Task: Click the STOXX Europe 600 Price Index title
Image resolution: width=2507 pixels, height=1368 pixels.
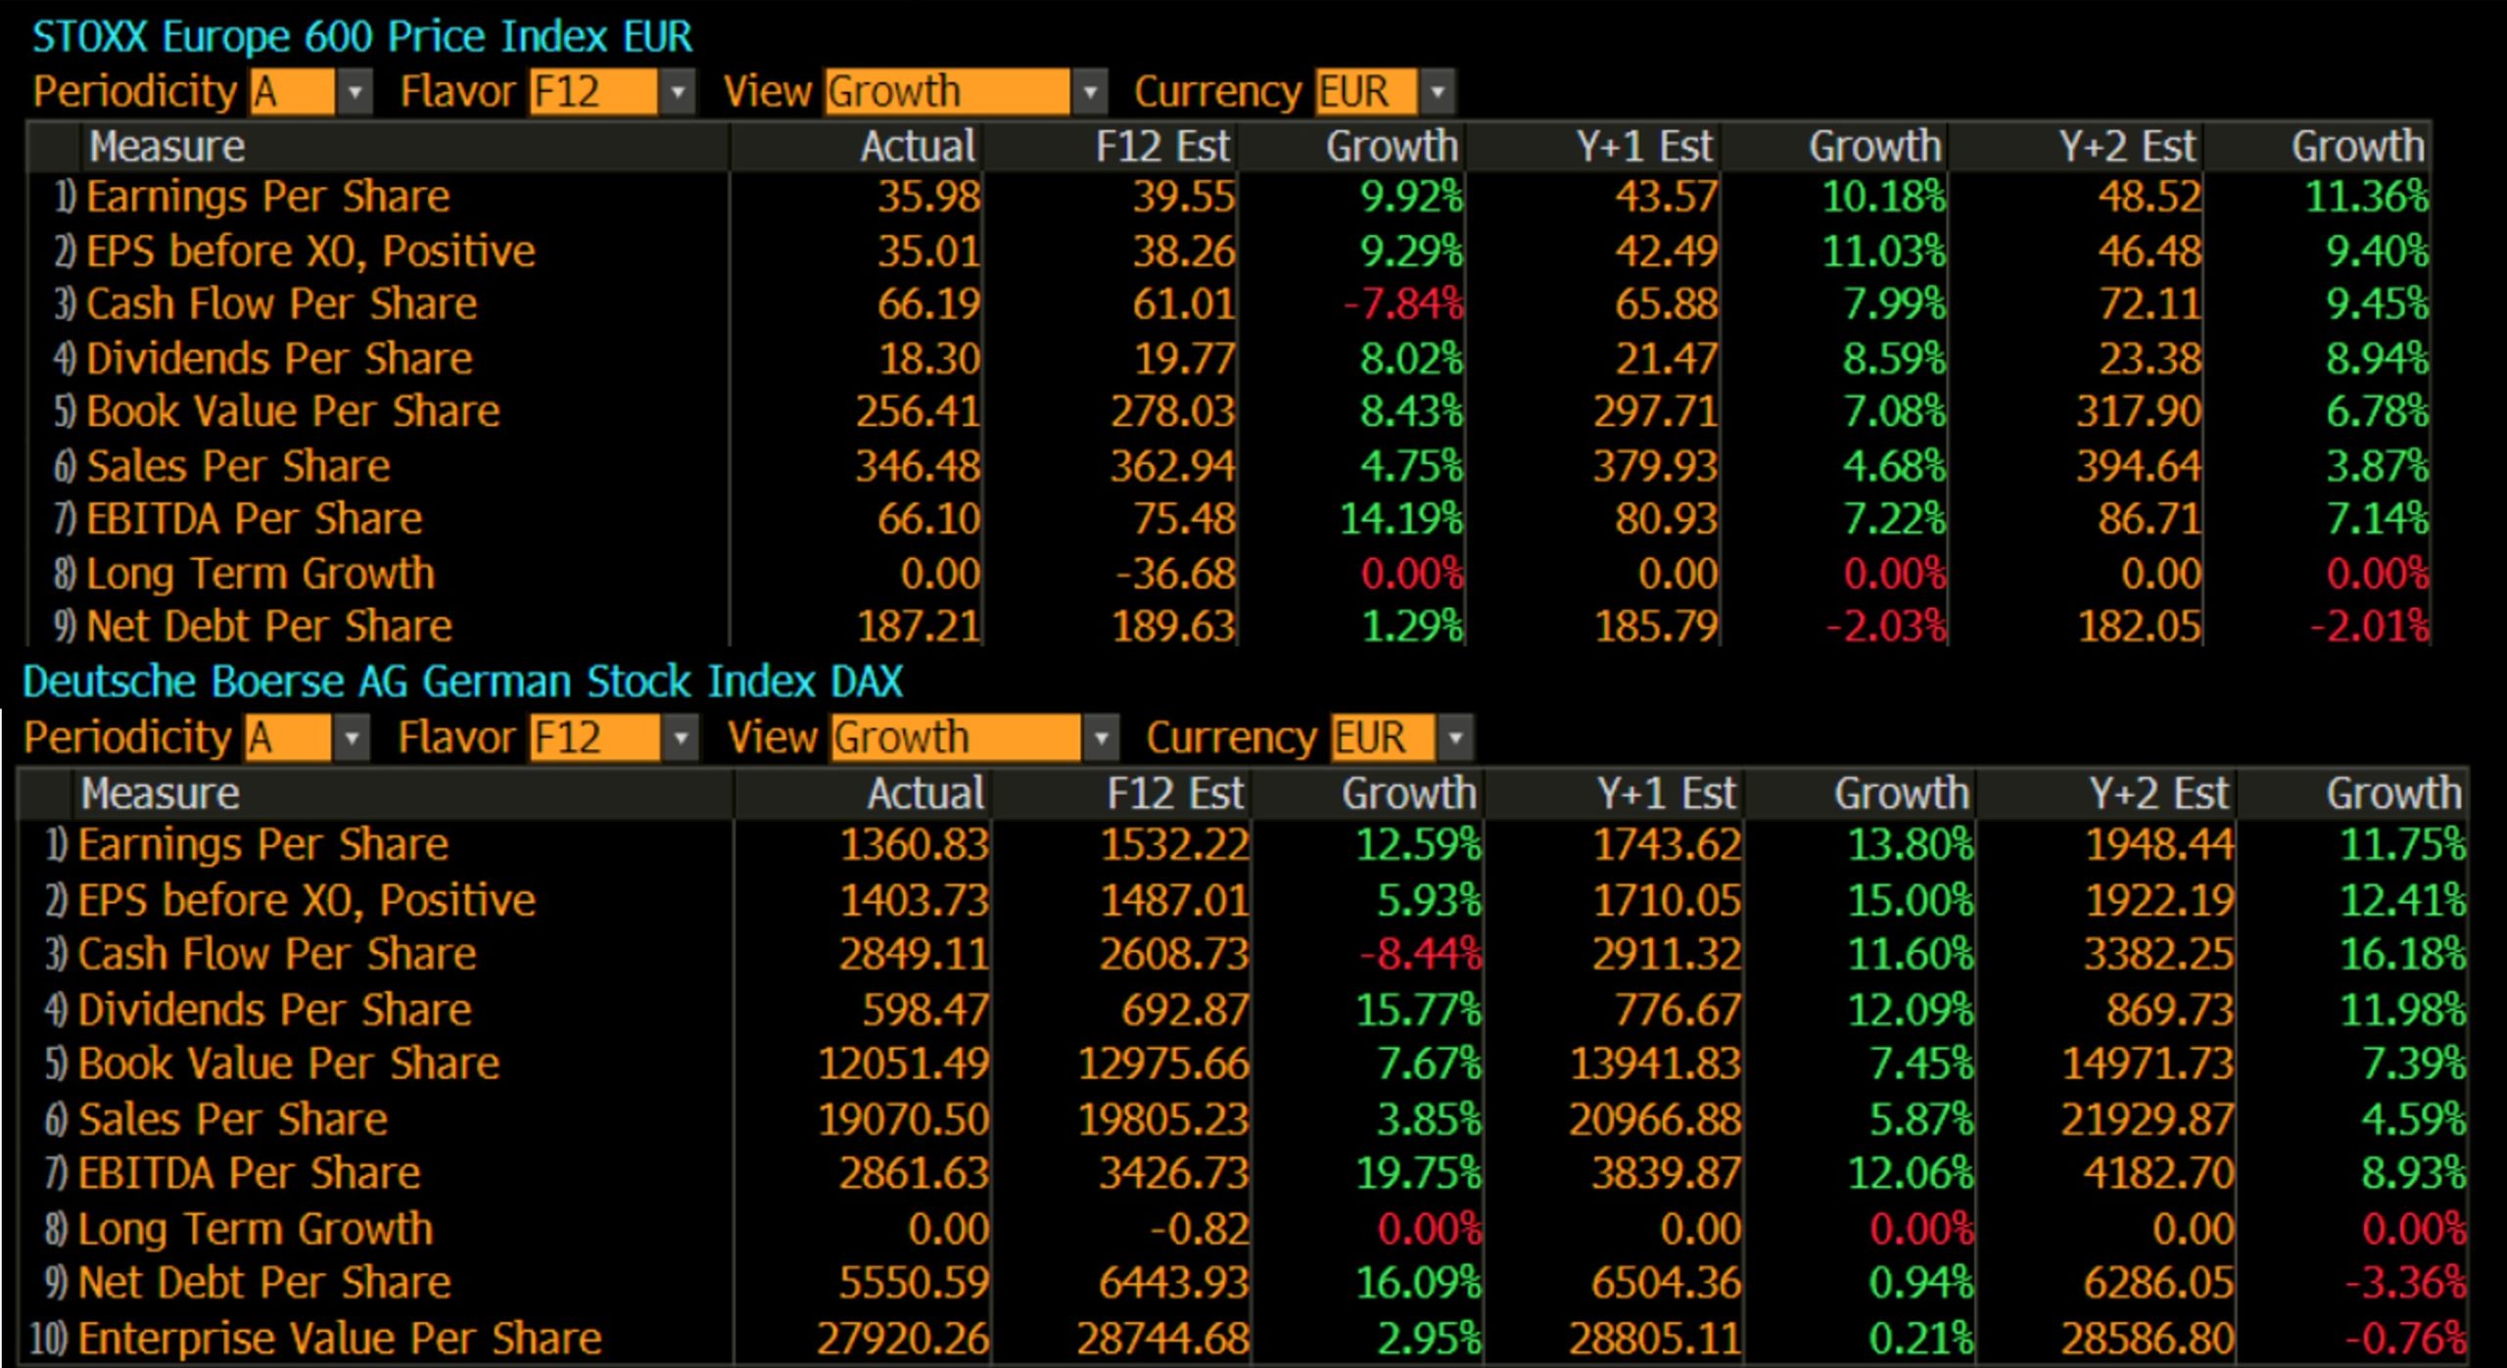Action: tap(362, 37)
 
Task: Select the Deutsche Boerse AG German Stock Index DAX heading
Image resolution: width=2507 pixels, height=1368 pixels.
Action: tap(462, 682)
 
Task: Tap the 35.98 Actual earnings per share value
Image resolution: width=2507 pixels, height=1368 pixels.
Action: tap(927, 197)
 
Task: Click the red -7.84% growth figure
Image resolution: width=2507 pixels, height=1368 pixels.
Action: tap(1403, 305)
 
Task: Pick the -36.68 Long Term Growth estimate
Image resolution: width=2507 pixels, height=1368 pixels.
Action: tap(1175, 574)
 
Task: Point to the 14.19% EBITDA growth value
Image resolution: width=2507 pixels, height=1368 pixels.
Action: tap(1400, 519)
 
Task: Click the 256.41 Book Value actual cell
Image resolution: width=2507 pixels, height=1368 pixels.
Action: tap(918, 411)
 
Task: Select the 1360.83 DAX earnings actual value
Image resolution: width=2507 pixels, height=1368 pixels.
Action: tap(914, 845)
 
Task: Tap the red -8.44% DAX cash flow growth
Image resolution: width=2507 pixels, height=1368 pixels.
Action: tap(1420, 955)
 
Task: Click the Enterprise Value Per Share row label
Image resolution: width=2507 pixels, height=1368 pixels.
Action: tap(339, 1339)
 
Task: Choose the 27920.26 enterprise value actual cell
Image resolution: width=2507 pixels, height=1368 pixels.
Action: tap(902, 1339)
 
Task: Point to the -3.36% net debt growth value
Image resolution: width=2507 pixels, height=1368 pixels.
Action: tap(2405, 1283)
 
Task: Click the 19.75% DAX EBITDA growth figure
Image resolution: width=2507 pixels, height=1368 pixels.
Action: tap(1418, 1173)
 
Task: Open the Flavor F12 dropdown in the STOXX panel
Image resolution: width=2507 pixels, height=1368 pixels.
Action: tap(677, 93)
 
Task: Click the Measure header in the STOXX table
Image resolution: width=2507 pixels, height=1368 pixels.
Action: tap(166, 147)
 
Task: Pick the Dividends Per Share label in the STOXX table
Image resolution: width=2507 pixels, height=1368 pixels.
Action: tap(279, 358)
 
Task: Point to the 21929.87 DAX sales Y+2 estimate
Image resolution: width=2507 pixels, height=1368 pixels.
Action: tap(2147, 1119)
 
